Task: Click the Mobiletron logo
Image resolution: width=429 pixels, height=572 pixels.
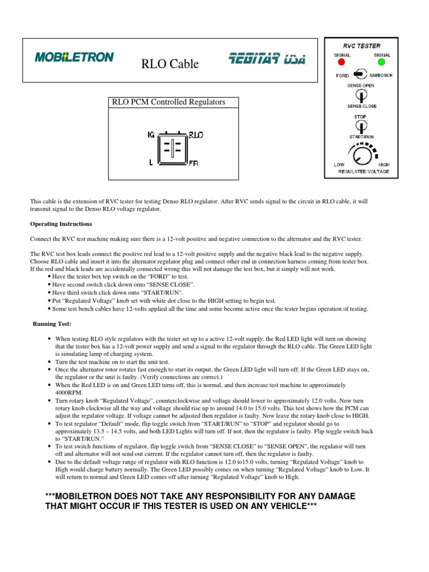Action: (74, 57)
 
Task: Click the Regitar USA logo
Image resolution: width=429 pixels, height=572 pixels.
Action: (266, 59)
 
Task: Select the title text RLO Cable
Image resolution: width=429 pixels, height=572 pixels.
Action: (170, 64)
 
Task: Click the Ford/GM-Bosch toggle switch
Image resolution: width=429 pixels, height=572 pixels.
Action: (361, 75)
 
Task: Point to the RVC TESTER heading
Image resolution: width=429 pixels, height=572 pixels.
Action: (361, 46)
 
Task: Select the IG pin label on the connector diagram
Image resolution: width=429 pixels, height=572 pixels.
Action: (151, 135)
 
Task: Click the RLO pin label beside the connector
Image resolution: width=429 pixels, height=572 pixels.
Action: (196, 135)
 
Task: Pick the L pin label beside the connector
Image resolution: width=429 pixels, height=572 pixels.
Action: (150, 163)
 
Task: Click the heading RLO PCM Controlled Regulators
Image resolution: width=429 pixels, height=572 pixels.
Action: (169, 102)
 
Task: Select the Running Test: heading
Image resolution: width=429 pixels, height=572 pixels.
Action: (51, 323)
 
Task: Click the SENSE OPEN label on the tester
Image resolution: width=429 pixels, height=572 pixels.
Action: (361, 85)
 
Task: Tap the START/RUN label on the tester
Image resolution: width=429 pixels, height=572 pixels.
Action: (361, 136)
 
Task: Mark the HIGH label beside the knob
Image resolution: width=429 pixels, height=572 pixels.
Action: (384, 165)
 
